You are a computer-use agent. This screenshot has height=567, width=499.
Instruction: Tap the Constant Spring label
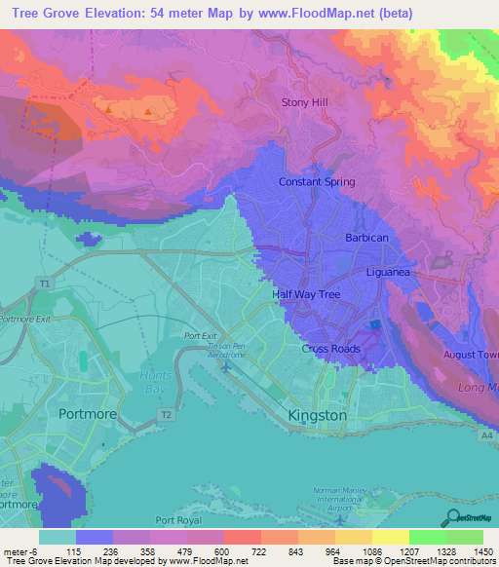[x=317, y=182]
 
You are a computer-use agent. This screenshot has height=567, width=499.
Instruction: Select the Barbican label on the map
[x=366, y=238]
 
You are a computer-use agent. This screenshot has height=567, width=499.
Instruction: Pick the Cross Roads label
[x=330, y=349]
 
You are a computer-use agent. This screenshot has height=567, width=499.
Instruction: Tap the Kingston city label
[x=317, y=415]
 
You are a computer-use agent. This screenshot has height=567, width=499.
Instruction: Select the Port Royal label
[x=176, y=521]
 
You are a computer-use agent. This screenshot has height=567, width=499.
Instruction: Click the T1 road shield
[x=42, y=283]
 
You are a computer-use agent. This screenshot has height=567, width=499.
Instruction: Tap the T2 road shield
[x=166, y=415]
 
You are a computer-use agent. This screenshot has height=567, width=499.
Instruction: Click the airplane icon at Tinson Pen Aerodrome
[x=227, y=366]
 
